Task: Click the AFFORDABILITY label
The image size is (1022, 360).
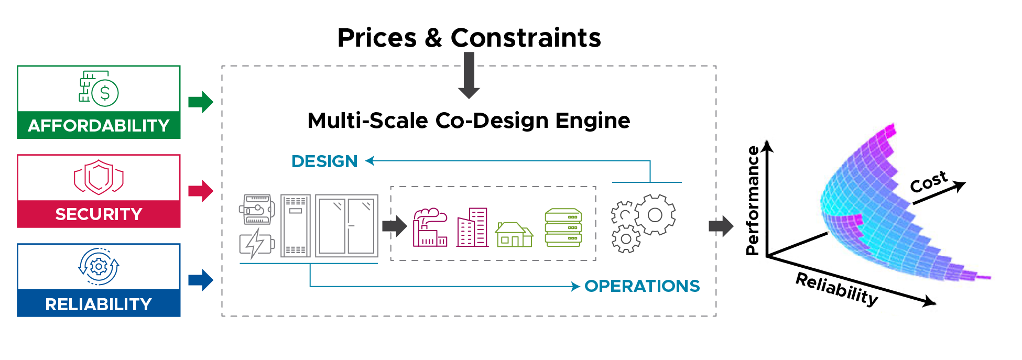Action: click(99, 126)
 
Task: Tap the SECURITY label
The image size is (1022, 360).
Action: click(99, 214)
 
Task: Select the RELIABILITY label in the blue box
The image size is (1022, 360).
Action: click(99, 304)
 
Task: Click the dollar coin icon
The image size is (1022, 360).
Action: click(105, 93)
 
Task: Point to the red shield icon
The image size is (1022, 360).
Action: click(99, 177)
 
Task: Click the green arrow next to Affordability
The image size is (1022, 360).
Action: click(201, 102)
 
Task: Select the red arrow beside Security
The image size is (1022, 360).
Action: click(201, 191)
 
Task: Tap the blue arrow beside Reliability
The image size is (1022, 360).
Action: click(201, 280)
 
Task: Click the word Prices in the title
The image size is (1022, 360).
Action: click(377, 38)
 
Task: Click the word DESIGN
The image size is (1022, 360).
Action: click(324, 161)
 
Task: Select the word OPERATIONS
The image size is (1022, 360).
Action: click(642, 286)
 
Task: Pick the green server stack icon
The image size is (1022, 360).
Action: click(563, 227)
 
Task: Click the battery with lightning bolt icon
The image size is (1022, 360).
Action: click(256, 244)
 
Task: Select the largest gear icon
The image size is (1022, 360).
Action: click(655, 215)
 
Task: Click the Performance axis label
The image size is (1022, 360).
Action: click(753, 201)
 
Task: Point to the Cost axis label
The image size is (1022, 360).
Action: click(928, 182)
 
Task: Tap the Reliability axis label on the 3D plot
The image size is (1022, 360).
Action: click(837, 288)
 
